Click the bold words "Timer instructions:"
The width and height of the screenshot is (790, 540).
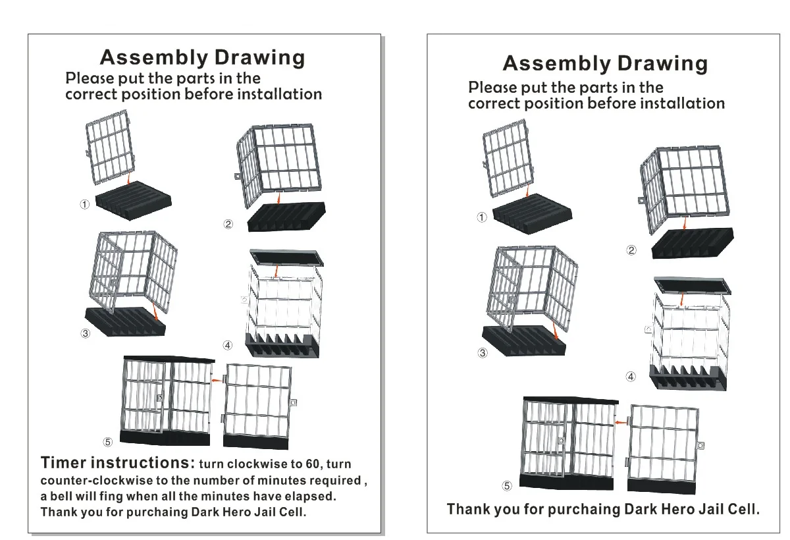[117, 462]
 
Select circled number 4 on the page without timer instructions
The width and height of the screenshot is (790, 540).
[631, 377]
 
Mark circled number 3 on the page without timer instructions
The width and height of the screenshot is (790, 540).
[483, 353]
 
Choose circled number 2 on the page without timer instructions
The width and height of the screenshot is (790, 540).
[631, 250]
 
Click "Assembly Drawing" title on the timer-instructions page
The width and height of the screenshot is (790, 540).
[202, 57]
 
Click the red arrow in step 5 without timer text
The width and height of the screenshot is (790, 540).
[619, 422]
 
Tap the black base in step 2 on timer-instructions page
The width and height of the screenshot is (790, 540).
[287, 216]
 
